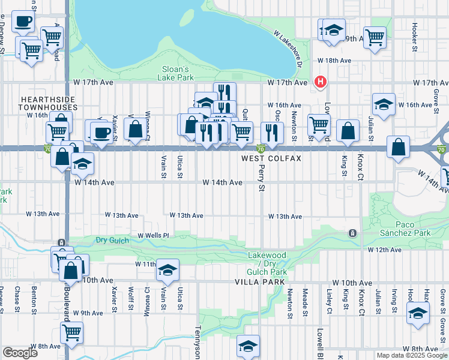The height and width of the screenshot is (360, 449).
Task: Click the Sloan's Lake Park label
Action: point(175,73)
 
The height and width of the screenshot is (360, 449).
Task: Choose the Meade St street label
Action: point(305,302)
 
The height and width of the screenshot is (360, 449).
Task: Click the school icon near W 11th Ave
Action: point(167,269)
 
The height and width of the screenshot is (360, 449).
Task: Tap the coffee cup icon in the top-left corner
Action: point(23,22)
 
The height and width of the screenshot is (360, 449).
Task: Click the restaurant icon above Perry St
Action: point(273,133)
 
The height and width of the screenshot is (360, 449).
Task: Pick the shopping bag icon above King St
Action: point(348,131)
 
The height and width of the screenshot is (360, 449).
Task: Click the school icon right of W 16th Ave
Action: point(384,104)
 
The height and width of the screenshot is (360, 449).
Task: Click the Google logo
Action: point(20,353)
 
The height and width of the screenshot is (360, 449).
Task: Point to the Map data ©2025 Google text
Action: point(411,355)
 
